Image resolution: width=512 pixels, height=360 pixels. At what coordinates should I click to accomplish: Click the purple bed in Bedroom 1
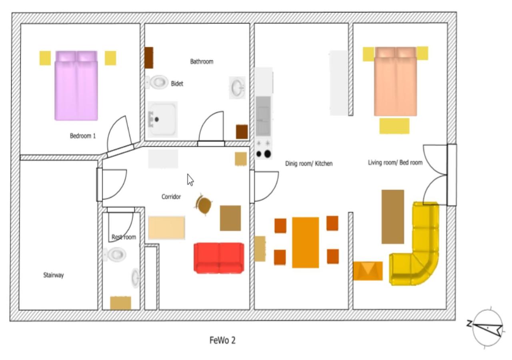click(x=76, y=86)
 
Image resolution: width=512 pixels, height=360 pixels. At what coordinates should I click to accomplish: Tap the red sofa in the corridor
click(x=219, y=258)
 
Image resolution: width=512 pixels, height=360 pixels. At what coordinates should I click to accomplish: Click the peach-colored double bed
click(x=396, y=81)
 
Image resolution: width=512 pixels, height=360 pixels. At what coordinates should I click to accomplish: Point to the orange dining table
click(x=305, y=242)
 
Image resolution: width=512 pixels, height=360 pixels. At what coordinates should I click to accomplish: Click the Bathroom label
click(x=202, y=62)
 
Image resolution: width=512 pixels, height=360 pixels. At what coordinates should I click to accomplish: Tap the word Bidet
click(x=177, y=84)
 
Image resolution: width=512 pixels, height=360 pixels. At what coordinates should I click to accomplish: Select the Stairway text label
click(x=54, y=275)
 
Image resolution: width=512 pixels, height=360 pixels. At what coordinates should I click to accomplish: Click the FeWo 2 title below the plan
click(x=222, y=340)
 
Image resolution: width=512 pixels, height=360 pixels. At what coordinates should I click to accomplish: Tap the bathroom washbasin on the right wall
click(x=237, y=88)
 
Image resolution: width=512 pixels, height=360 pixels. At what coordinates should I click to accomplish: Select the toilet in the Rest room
click(x=114, y=254)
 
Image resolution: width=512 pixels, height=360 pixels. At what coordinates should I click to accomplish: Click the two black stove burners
click(x=263, y=154)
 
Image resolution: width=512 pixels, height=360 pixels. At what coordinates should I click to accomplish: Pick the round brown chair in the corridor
click(x=203, y=204)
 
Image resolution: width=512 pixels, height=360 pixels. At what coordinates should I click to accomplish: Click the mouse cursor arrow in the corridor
click(x=190, y=180)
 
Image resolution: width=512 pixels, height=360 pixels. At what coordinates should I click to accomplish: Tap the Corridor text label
click(x=171, y=196)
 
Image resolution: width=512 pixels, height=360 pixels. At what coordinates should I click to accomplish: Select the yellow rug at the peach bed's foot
click(x=394, y=126)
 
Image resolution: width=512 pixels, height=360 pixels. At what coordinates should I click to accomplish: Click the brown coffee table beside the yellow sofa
click(x=393, y=217)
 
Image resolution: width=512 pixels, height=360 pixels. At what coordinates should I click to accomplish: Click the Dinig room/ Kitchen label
click(x=309, y=164)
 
